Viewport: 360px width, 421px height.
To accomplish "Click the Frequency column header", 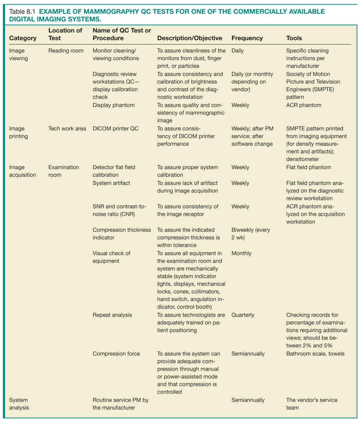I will (247, 38).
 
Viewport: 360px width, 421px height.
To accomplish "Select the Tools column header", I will (294, 38).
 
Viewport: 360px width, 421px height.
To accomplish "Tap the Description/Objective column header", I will (190, 38).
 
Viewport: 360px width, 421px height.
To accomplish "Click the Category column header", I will (23, 38).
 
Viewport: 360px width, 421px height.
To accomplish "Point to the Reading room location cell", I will (66, 51).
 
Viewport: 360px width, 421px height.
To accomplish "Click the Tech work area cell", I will (67, 128).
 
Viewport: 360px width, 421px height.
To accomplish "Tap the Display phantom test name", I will (113, 105).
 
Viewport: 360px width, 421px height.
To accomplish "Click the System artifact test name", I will (111, 183).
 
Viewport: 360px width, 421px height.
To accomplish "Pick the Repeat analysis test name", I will (112, 315).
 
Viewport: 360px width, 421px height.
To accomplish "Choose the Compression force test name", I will (116, 354).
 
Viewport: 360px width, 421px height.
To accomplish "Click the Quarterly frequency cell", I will (243, 315).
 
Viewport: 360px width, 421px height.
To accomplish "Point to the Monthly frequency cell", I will (242, 253).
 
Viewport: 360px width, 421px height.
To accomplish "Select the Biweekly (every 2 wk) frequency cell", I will (251, 234).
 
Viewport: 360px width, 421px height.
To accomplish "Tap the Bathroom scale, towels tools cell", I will (315, 354).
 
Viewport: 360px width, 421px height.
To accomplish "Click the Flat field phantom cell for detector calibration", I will (308, 167).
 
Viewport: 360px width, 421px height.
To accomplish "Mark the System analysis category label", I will (19, 403).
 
